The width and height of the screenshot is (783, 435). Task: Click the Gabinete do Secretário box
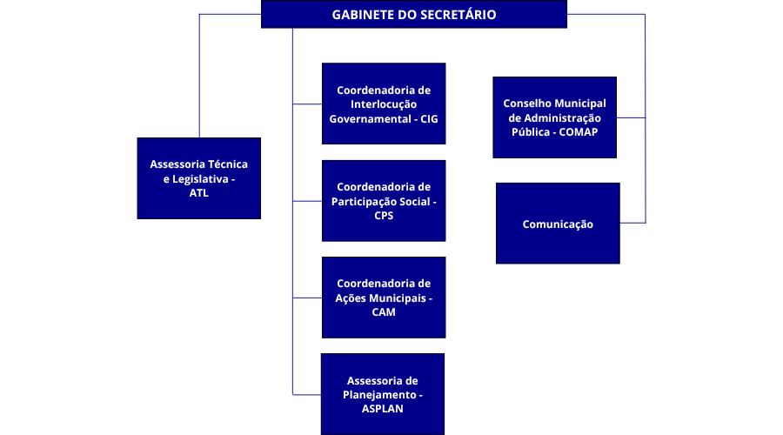(413, 15)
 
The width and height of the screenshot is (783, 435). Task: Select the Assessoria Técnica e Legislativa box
(199, 177)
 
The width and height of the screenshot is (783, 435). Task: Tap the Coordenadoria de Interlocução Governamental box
(384, 103)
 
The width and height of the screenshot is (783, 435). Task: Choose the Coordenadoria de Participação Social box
(384, 200)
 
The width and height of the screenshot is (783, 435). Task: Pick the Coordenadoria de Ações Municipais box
(384, 297)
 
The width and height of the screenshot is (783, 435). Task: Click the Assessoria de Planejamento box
(383, 393)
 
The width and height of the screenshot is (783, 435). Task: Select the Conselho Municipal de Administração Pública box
(554, 117)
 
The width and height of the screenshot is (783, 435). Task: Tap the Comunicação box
(558, 224)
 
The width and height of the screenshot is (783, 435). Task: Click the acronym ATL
(199, 193)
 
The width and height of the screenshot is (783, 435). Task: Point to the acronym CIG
(430, 117)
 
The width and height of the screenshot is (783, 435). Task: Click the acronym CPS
(383, 216)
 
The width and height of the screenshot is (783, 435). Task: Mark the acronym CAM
(383, 312)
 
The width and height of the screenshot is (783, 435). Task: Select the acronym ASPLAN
(383, 408)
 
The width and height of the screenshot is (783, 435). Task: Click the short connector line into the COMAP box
(631, 117)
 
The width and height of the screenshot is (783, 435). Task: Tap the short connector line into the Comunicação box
(632, 223)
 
